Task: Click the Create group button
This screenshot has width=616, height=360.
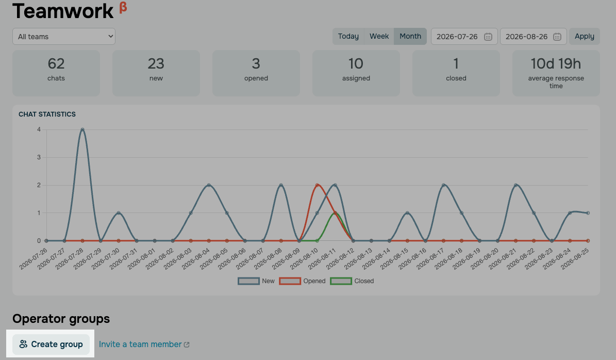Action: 51,345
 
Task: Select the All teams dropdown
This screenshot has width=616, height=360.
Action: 64,37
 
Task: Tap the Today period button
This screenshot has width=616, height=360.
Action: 348,36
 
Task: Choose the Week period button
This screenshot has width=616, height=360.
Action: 379,36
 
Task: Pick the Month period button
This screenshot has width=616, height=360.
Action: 410,36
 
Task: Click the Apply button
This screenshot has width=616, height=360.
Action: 585,36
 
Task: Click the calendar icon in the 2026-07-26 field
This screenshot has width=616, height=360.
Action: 488,37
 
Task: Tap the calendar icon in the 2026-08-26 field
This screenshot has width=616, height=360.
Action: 557,37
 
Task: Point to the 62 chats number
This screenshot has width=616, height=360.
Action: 56,63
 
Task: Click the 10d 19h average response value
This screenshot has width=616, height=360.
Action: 556,63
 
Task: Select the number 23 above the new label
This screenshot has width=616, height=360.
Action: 156,63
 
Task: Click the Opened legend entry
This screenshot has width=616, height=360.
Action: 303,281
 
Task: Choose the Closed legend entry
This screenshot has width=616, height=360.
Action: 352,281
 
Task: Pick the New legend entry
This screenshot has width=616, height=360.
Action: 256,281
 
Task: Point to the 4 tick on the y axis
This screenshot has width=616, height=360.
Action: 39,129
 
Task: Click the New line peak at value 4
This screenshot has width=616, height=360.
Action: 82,129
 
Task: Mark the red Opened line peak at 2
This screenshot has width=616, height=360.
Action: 317,185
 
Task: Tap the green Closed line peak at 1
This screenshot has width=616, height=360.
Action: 335,213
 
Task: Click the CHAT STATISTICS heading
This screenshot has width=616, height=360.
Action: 47,114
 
